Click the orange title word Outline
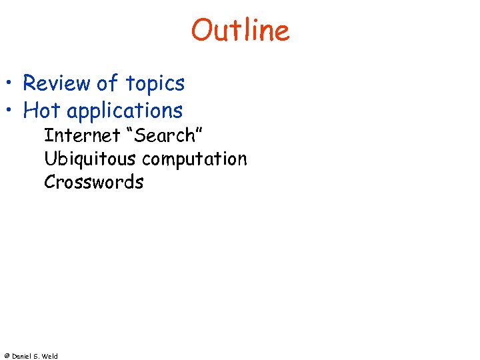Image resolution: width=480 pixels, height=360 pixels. (240, 31)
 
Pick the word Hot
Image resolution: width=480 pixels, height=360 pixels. (42, 110)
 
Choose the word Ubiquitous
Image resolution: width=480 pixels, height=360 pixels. (91, 159)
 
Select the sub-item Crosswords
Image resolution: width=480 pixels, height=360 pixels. (93, 182)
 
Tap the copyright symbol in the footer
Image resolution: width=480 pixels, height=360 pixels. (6, 356)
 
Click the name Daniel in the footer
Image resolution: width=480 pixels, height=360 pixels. (22, 356)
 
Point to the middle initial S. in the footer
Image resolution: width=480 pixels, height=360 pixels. (39, 356)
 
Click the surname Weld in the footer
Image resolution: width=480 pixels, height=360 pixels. (51, 356)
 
